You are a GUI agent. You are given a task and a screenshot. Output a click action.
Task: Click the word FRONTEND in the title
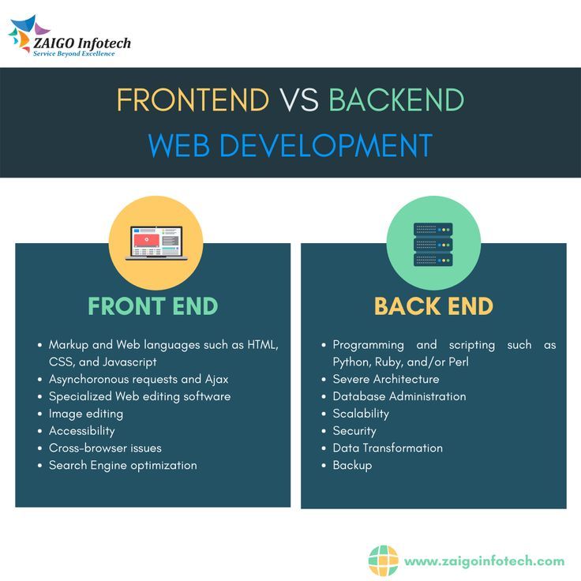click(193, 99)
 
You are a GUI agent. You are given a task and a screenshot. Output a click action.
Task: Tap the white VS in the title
click(299, 99)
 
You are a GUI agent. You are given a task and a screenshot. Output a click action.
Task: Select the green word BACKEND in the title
click(396, 99)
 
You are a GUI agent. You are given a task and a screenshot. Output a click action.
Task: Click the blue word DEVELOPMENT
click(326, 145)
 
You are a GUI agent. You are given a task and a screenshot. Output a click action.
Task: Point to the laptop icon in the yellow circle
click(156, 242)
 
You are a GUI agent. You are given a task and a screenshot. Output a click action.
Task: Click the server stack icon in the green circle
click(433, 244)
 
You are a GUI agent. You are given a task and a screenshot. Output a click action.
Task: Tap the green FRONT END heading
click(152, 306)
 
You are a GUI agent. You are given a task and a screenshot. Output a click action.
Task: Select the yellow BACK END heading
click(433, 306)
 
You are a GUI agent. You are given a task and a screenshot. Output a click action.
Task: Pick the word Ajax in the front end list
click(217, 380)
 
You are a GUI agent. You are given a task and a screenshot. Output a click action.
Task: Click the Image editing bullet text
click(86, 414)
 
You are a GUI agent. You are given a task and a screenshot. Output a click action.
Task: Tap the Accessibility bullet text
click(82, 431)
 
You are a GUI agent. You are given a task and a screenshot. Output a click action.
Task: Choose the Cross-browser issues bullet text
click(105, 448)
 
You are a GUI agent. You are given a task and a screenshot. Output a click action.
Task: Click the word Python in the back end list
click(352, 362)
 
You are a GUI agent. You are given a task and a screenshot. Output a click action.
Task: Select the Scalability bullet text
click(361, 414)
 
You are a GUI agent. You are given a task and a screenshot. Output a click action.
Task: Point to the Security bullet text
click(354, 431)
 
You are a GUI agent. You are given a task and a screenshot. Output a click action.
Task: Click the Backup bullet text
click(352, 466)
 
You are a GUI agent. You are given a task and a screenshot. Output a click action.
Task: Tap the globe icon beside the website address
click(384, 560)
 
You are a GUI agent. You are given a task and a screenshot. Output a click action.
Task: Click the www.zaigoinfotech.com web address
click(484, 561)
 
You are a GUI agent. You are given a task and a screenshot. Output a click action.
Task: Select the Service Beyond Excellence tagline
click(74, 54)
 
